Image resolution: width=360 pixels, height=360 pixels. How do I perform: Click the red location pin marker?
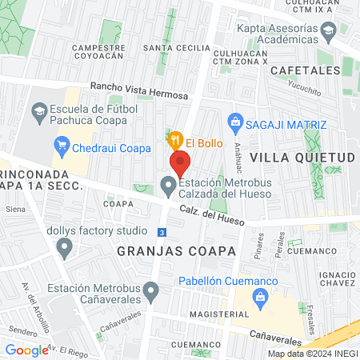[x=180, y=163]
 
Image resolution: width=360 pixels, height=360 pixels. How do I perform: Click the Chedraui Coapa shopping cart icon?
[x=61, y=146]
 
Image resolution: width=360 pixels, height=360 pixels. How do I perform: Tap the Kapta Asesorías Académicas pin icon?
[x=327, y=33]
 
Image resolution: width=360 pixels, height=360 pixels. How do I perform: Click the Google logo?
[x=26, y=350]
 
